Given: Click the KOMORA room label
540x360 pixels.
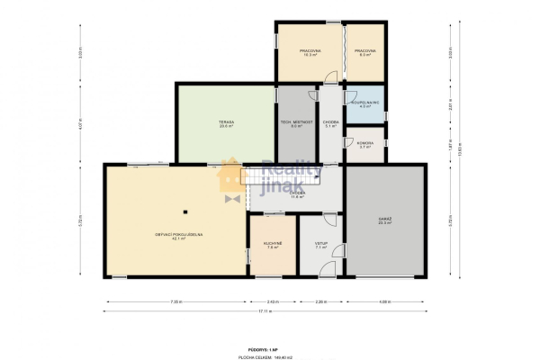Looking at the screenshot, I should click(x=365, y=145).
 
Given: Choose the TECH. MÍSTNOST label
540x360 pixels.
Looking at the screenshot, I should click(x=296, y=124).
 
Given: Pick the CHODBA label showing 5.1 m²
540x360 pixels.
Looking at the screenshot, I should click(x=330, y=124).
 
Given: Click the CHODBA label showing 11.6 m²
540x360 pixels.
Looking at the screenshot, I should click(x=297, y=193).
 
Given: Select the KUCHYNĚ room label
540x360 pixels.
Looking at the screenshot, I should click(x=273, y=245).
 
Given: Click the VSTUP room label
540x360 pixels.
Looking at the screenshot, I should click(x=320, y=245).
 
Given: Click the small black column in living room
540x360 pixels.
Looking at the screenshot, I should click(x=184, y=212).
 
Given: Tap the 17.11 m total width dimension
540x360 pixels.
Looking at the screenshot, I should click(x=265, y=311).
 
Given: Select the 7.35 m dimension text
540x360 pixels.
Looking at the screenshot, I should click(x=177, y=301).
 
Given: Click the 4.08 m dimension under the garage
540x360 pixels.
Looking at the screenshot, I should click(x=384, y=301).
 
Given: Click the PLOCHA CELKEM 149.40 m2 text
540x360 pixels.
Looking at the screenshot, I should click(x=264, y=353).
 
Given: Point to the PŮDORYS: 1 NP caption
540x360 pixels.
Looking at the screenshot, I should click(x=264, y=346).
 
